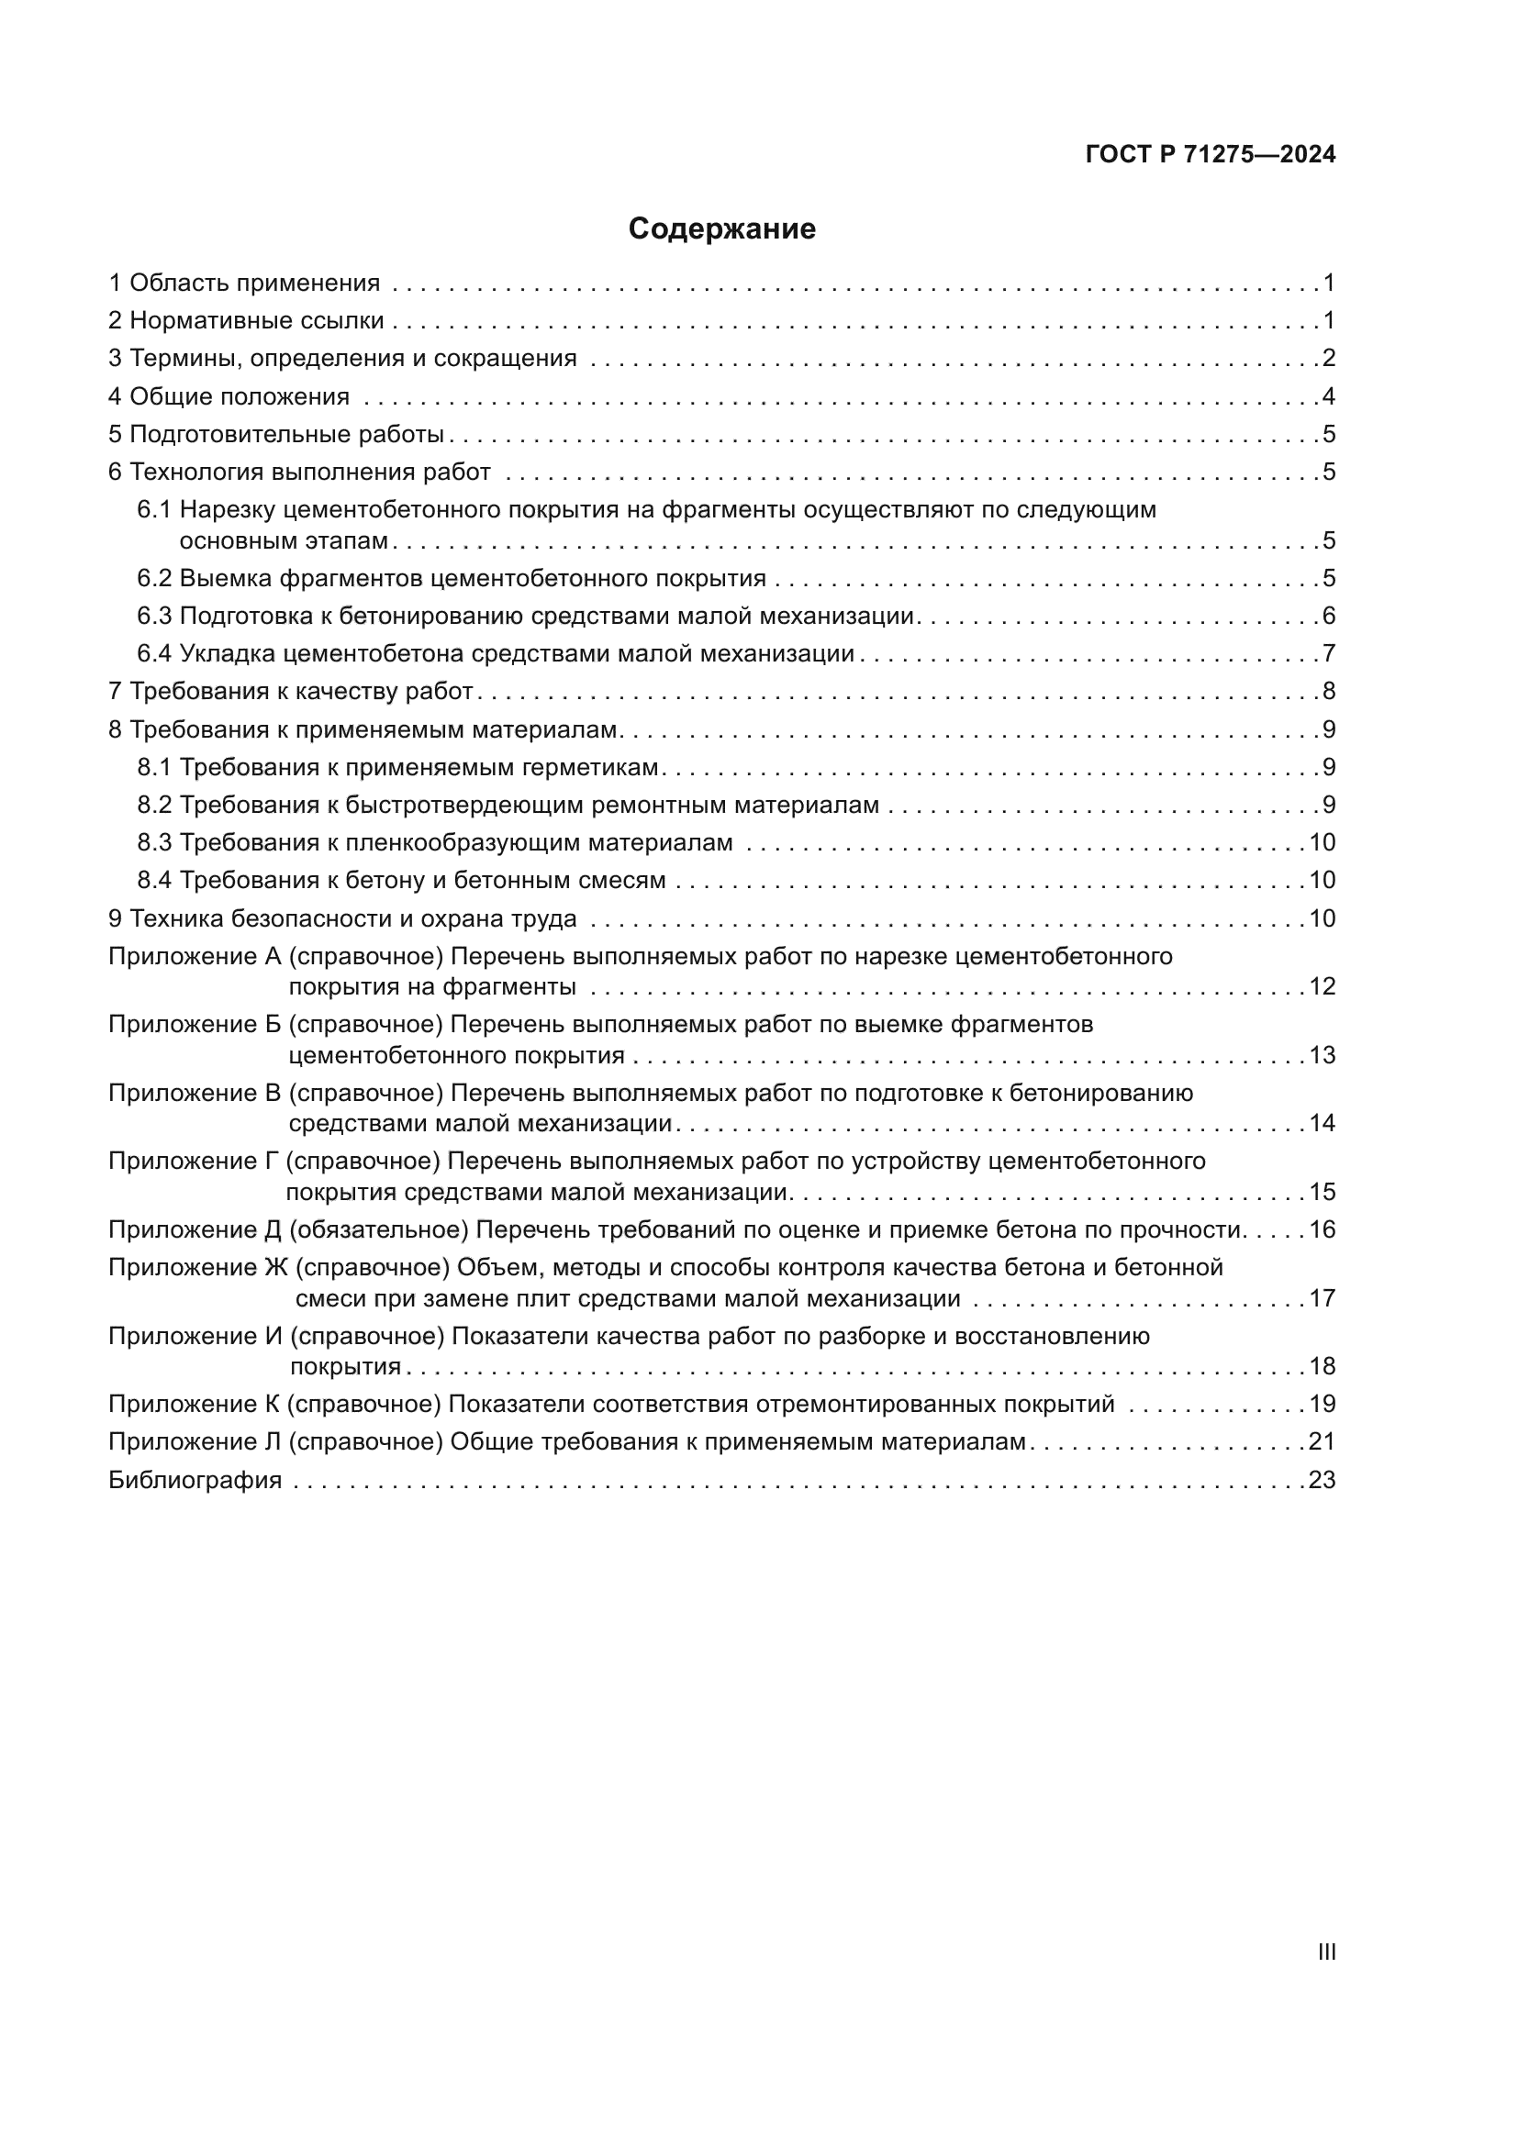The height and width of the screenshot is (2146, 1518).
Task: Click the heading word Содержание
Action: click(x=721, y=229)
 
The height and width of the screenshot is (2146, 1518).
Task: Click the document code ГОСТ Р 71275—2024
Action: click(x=1211, y=155)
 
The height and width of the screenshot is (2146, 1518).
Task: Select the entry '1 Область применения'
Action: click(x=244, y=284)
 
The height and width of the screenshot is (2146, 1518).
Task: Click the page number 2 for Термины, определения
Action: click(x=1328, y=359)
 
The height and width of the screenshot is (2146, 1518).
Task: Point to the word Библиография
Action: click(x=195, y=1481)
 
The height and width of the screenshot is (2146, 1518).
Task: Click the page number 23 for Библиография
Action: click(x=1322, y=1481)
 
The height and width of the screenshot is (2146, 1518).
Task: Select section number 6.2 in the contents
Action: click(x=154, y=579)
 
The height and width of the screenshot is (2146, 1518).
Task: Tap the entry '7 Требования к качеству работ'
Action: click(x=291, y=692)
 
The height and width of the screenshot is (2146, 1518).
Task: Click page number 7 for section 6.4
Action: click(x=1328, y=653)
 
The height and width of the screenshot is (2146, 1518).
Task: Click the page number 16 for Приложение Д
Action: click(x=1322, y=1230)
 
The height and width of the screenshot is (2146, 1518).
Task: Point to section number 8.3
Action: click(x=154, y=843)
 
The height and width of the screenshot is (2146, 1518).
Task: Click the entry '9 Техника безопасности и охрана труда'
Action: click(x=342, y=918)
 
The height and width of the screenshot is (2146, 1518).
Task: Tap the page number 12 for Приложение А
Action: click(x=1322, y=987)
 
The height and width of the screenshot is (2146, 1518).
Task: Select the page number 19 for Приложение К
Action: click(x=1322, y=1405)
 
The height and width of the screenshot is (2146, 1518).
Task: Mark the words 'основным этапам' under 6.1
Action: click(x=284, y=541)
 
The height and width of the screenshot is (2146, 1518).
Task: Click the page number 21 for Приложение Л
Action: click(x=1322, y=1442)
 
